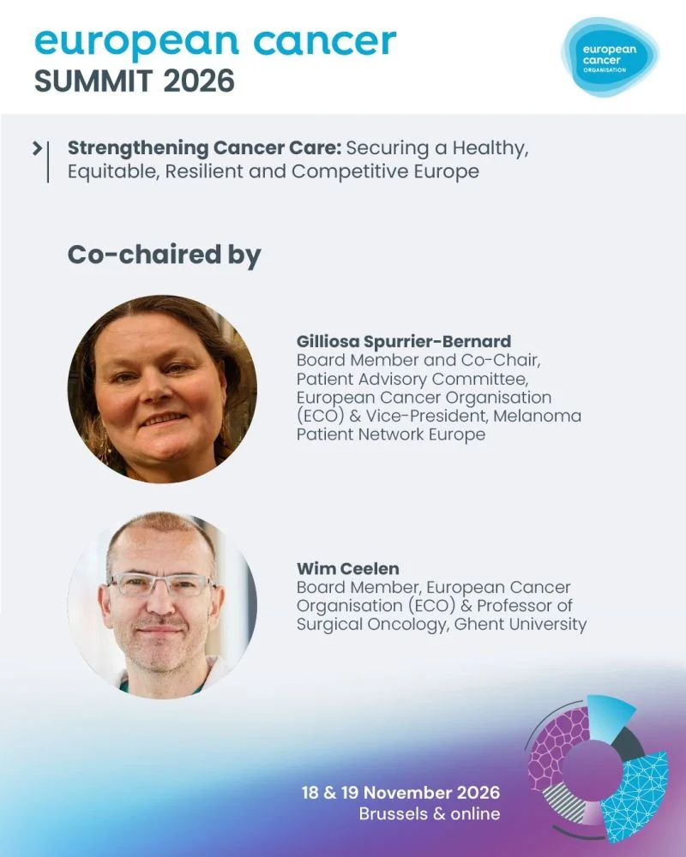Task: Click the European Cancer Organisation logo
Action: (610, 57)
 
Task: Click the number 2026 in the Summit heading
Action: (199, 81)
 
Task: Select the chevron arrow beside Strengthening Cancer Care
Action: (37, 148)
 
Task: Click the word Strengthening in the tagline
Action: (138, 148)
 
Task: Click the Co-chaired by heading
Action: (164, 255)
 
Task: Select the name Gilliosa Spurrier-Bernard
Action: (404, 341)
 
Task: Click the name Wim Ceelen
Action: (348, 568)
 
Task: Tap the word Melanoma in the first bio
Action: (537, 416)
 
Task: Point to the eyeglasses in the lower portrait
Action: (161, 584)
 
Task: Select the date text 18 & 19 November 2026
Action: (400, 793)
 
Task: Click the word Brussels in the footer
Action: (394, 814)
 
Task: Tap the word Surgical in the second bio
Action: (329, 625)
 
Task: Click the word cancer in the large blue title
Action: (325, 41)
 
